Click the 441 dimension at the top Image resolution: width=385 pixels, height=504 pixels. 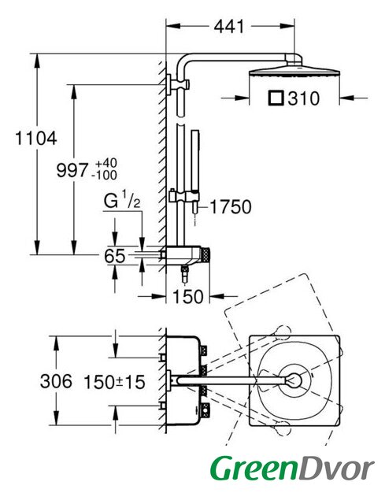click(x=228, y=26)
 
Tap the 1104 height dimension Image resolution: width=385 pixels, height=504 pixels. click(x=36, y=139)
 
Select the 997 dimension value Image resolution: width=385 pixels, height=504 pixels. click(x=72, y=170)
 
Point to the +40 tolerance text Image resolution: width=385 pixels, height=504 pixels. click(x=106, y=163)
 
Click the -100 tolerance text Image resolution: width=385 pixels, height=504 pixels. click(x=104, y=176)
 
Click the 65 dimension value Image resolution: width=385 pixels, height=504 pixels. click(x=114, y=256)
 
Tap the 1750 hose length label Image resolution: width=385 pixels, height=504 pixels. click(x=231, y=206)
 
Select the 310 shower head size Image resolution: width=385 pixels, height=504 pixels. click(x=303, y=98)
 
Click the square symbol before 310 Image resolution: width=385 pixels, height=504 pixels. click(x=276, y=98)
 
